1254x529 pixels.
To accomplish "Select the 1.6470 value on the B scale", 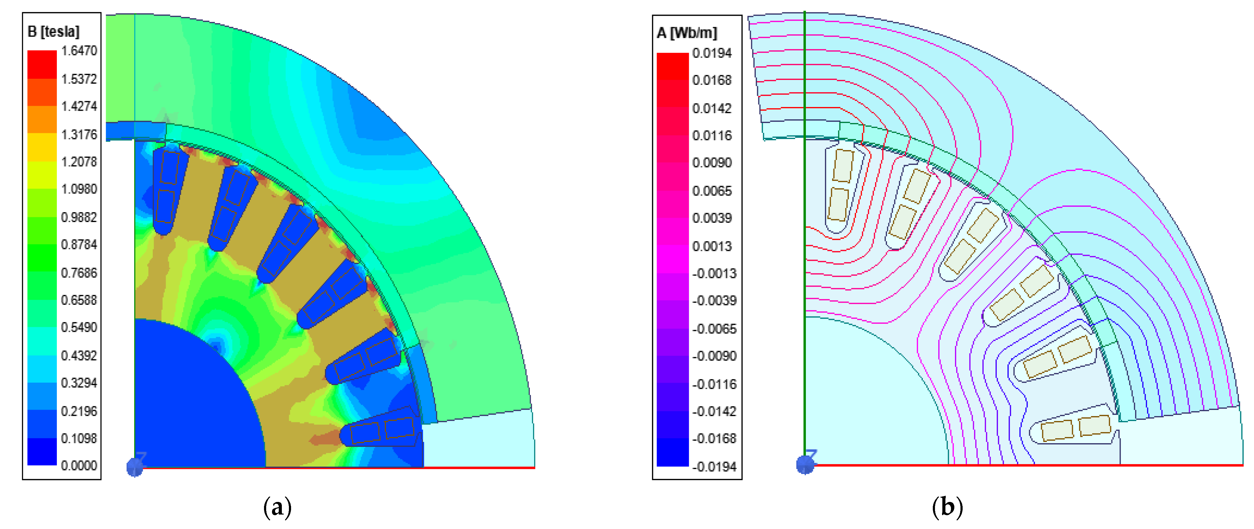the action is tap(79, 51).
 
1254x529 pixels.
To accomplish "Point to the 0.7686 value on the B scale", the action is tap(79, 273).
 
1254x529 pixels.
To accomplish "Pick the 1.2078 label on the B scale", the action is tap(79, 162).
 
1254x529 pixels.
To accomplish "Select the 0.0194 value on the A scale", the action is tap(712, 53).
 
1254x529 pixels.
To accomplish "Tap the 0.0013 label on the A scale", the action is tap(712, 246).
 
